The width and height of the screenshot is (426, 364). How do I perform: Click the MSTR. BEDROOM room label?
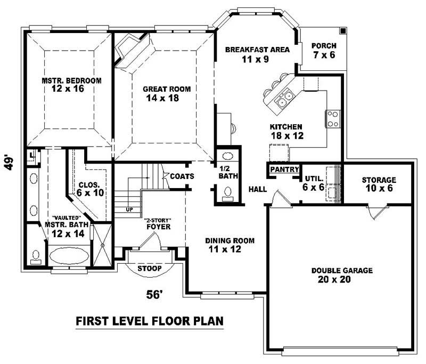71,85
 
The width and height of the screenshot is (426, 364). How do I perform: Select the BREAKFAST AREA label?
257,54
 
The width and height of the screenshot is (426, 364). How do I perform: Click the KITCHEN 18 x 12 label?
286,131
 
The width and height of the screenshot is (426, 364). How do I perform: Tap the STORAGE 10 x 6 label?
379,184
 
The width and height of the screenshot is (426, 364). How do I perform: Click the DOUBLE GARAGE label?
342,275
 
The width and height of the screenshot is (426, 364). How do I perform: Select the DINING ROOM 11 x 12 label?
230,245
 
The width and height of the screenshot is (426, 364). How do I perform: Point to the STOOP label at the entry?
150,269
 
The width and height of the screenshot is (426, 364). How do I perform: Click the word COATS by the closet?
182,176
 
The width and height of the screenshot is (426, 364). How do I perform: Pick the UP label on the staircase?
129,209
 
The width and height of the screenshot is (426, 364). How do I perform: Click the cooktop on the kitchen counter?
333,118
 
